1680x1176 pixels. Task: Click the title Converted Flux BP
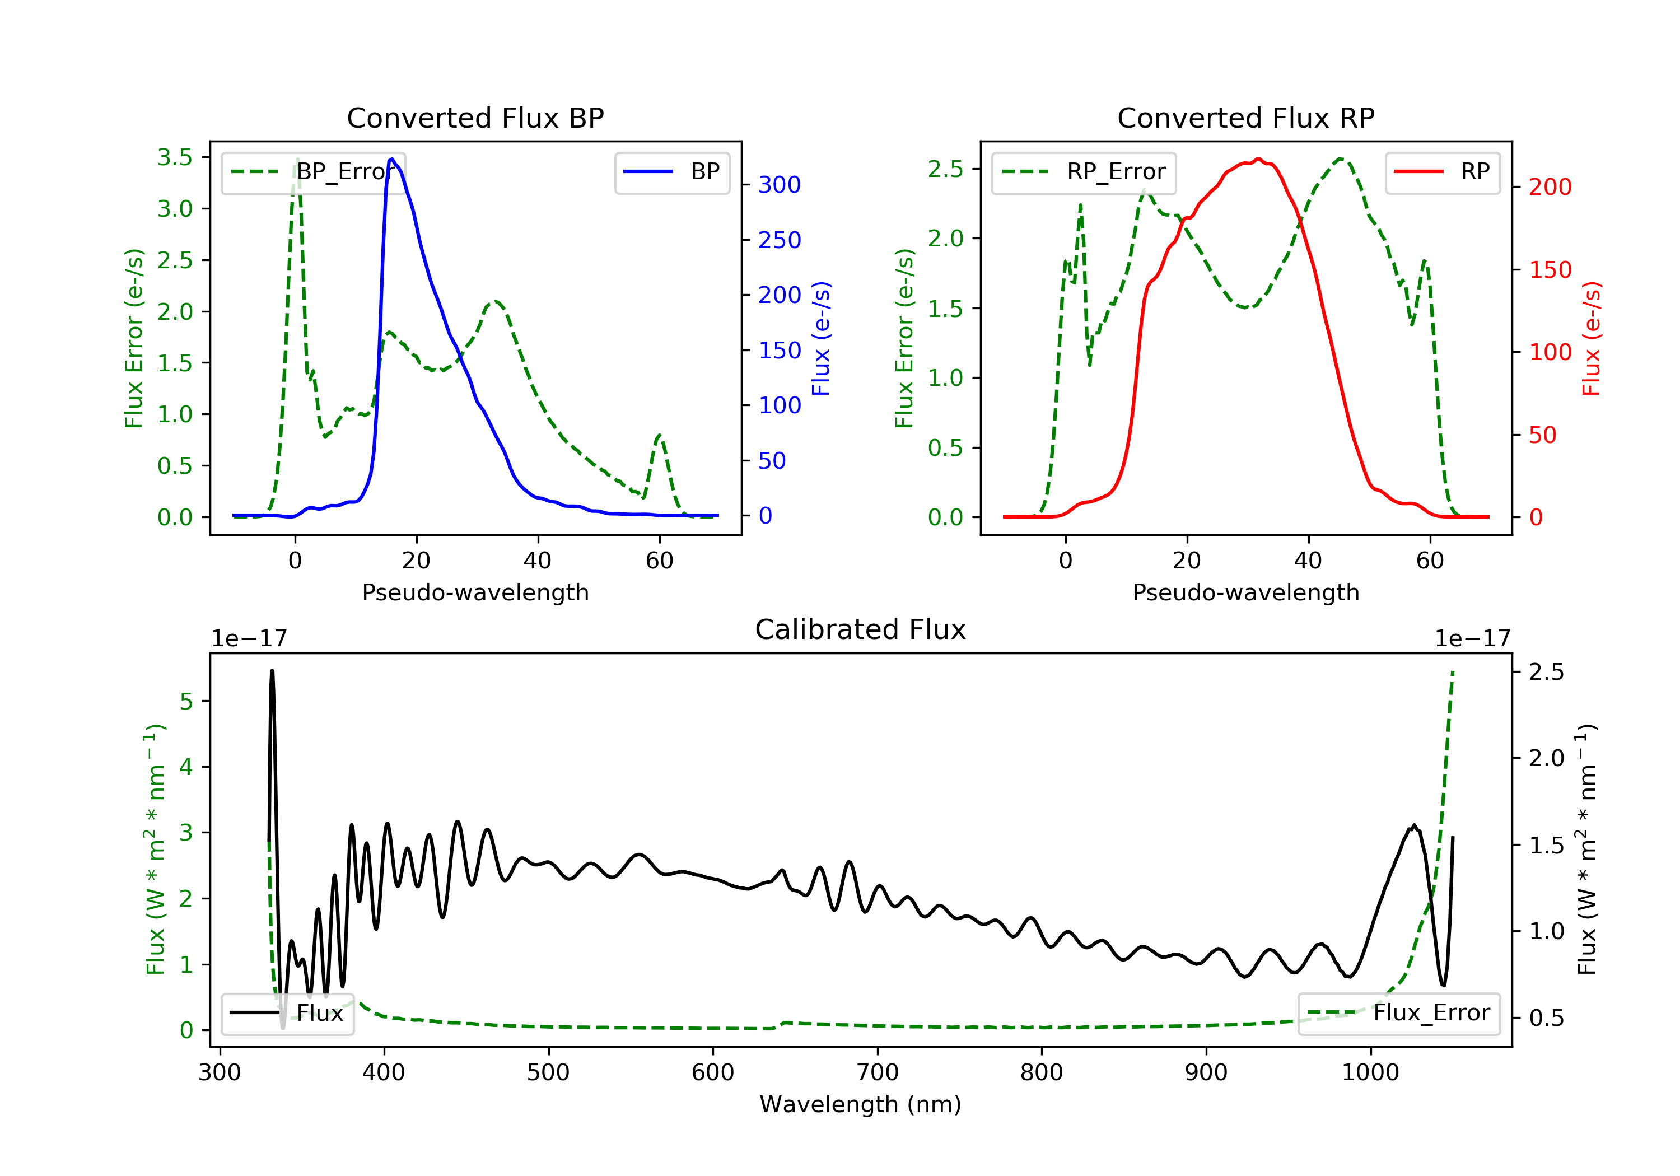475,118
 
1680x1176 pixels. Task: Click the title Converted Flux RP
1245,118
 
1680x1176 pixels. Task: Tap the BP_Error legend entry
313,172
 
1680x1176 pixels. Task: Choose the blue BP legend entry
671,172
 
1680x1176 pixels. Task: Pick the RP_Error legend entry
1083,172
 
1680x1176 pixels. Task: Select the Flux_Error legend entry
1398,1013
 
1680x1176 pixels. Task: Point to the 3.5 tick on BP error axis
175,157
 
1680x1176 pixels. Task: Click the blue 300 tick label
780,184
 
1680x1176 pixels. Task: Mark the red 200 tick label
1550,188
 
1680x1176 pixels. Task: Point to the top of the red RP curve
1258,159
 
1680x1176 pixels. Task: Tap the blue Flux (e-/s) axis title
821,339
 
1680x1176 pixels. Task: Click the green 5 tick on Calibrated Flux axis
186,701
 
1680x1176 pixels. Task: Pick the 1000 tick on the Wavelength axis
1370,1073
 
